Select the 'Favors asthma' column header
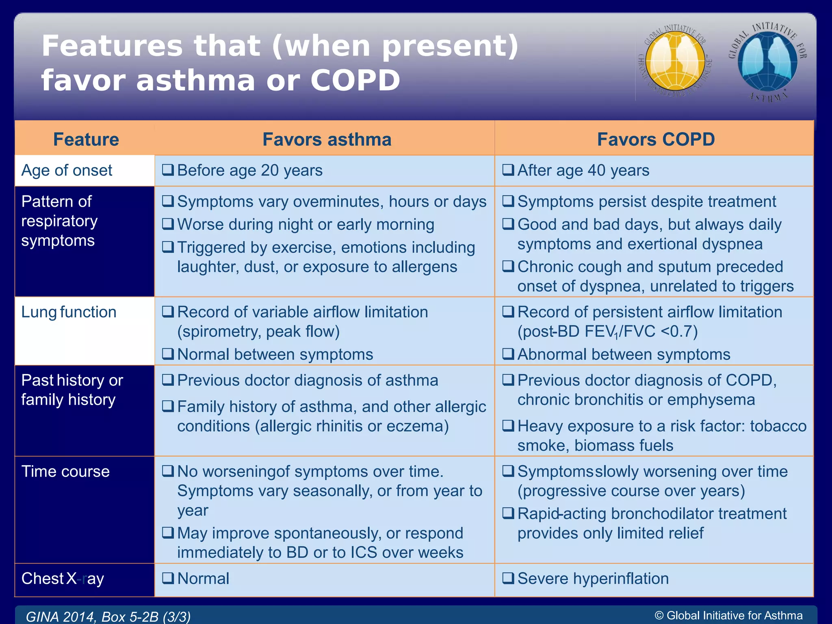point(327,139)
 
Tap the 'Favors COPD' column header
point(656,139)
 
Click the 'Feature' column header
point(86,139)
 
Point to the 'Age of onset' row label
point(67,170)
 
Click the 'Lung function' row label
point(69,312)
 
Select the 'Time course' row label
point(65,471)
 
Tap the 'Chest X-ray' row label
point(63,578)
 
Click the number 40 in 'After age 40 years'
point(596,170)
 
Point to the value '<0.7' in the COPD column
point(679,331)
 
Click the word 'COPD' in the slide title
point(355,80)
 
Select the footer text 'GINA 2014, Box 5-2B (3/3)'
point(108,617)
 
